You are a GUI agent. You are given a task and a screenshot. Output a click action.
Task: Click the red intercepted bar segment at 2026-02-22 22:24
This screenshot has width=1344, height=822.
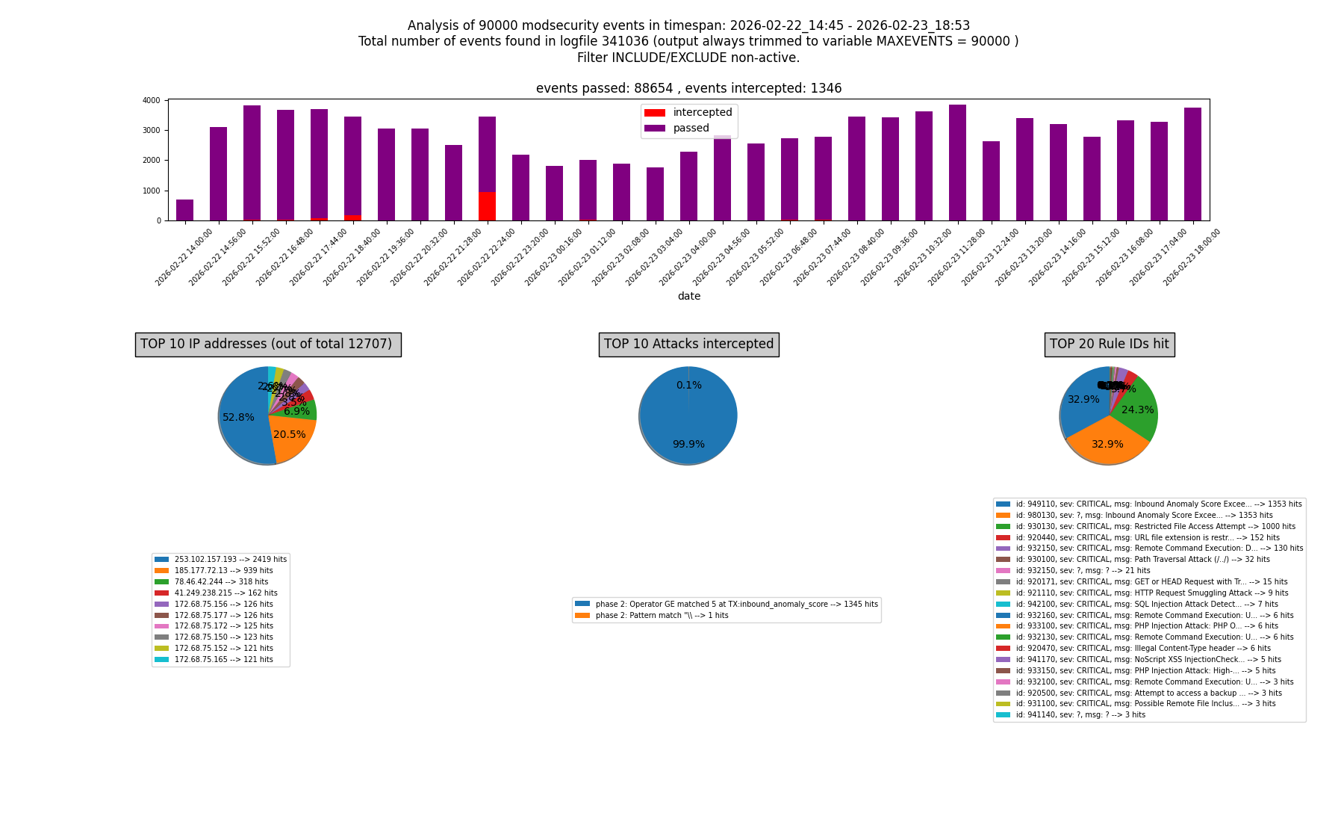487,206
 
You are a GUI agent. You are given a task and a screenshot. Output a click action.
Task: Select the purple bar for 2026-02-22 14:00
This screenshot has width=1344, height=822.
184,210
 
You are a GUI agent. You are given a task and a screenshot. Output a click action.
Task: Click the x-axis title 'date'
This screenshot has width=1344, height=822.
688,297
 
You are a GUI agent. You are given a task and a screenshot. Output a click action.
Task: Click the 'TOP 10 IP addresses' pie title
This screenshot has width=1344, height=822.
267,344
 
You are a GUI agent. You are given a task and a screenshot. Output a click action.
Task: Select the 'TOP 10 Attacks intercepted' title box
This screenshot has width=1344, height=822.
688,344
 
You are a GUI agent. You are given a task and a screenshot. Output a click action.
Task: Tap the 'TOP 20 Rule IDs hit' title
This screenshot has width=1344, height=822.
1109,344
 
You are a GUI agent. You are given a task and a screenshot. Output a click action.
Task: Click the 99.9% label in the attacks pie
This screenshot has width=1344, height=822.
688,445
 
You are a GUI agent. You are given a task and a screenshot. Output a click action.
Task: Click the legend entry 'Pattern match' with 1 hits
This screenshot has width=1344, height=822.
662,616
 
